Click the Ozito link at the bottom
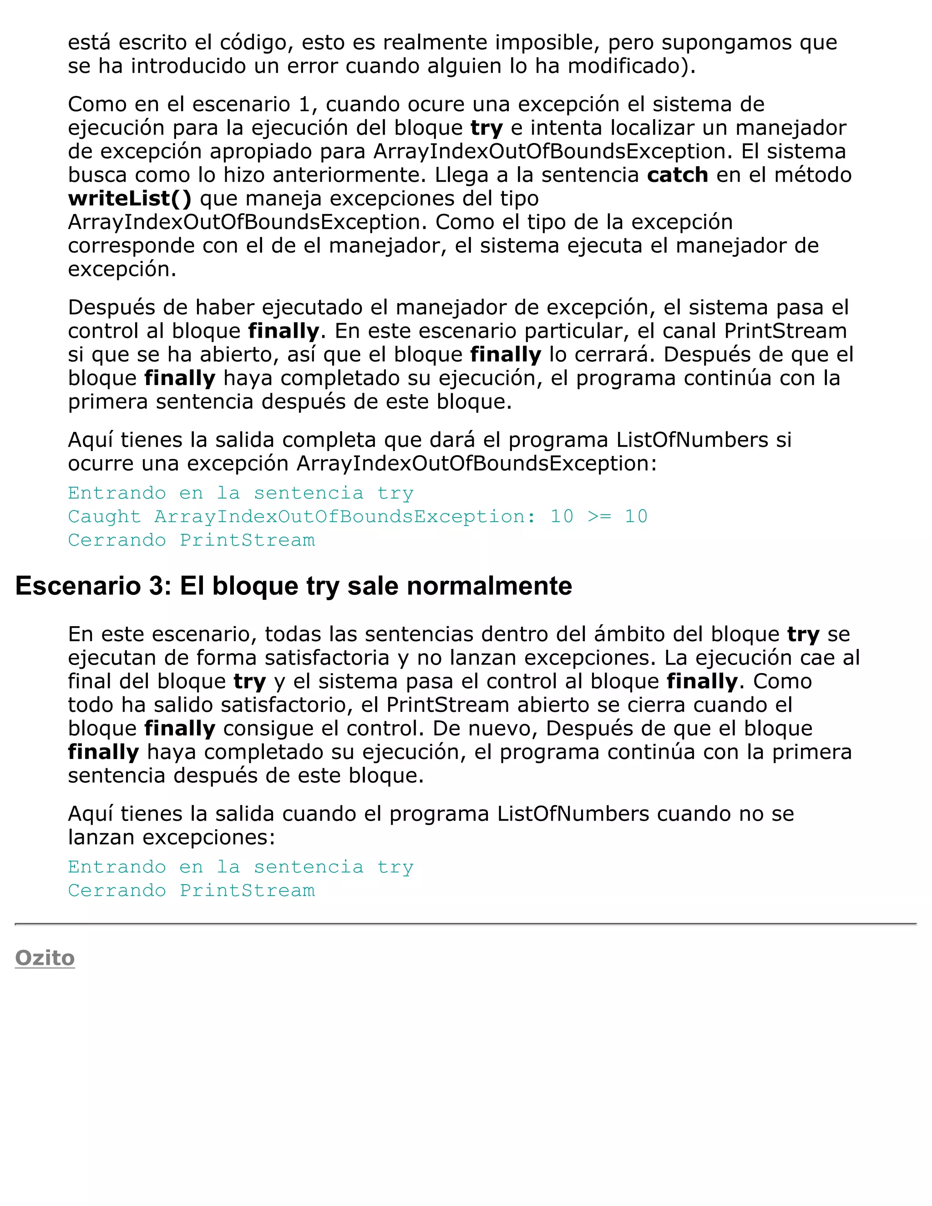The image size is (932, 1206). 45,958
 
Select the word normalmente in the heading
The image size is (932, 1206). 489,586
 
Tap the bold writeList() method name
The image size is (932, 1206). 130,198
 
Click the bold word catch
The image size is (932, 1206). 678,175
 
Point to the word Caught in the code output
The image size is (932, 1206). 104,517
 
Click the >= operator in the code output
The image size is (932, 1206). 599,517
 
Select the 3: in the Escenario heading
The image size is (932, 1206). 161,586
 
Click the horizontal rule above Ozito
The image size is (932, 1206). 466,923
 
